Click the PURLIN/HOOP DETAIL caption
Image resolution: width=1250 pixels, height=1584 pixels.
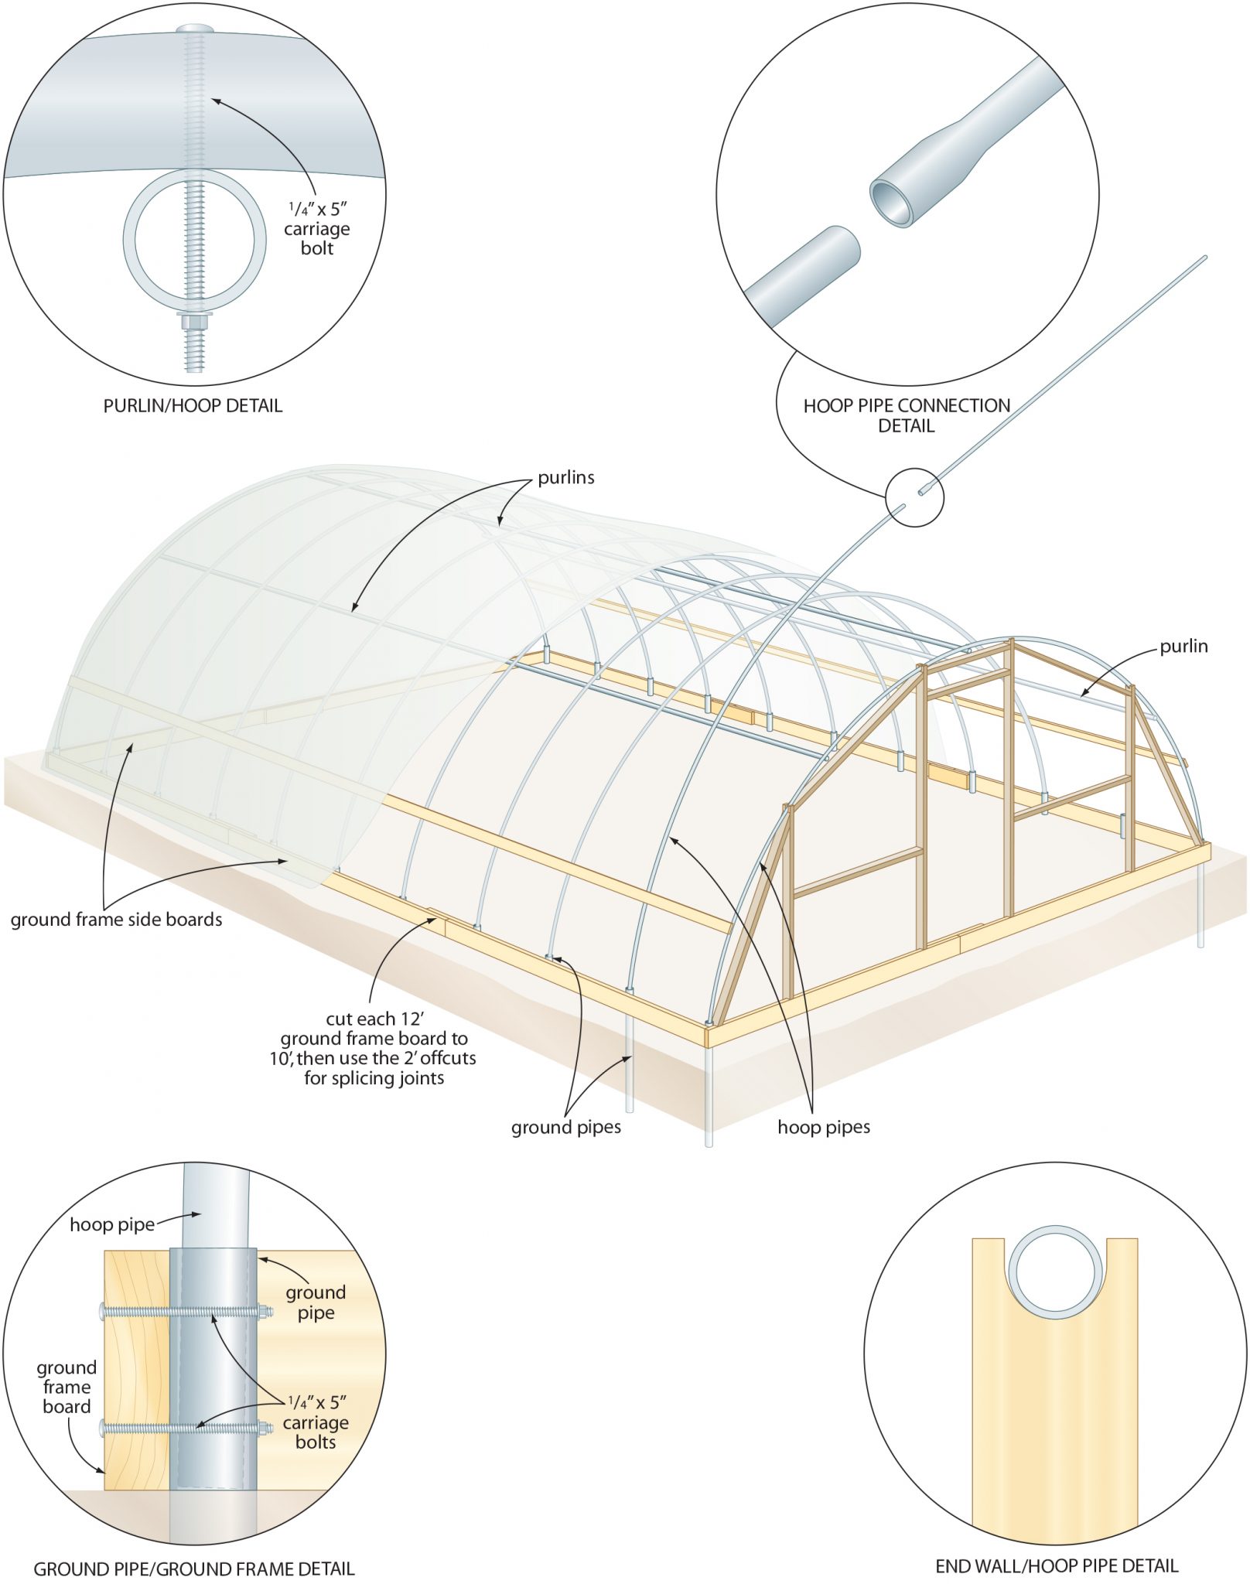pos(193,405)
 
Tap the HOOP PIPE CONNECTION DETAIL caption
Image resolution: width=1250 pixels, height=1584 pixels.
pos(907,415)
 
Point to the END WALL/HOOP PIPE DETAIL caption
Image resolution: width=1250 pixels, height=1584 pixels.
pos(1057,1565)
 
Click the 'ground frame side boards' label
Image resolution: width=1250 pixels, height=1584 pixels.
pos(116,919)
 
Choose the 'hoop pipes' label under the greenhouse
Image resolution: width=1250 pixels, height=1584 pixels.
pos(824,1127)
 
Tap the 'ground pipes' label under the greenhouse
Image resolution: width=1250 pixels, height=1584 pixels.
pos(565,1127)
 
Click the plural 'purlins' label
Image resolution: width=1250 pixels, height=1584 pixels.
pos(566,477)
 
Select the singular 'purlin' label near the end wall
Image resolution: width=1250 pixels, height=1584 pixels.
pos(1183,646)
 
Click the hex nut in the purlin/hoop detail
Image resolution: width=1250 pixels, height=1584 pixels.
pos(193,320)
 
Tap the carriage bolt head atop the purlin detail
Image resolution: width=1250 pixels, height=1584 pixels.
pos(193,29)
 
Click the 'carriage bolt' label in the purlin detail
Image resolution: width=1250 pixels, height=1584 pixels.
pos(317,229)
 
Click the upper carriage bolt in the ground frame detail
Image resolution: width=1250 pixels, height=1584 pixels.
pos(186,1312)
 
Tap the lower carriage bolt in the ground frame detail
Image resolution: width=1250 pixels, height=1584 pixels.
pos(186,1428)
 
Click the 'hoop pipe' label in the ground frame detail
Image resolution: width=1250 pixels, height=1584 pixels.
pos(112,1224)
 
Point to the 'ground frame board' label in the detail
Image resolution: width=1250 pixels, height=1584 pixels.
pos(67,1387)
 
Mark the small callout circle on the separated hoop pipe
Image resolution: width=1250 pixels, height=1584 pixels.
pos(914,497)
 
